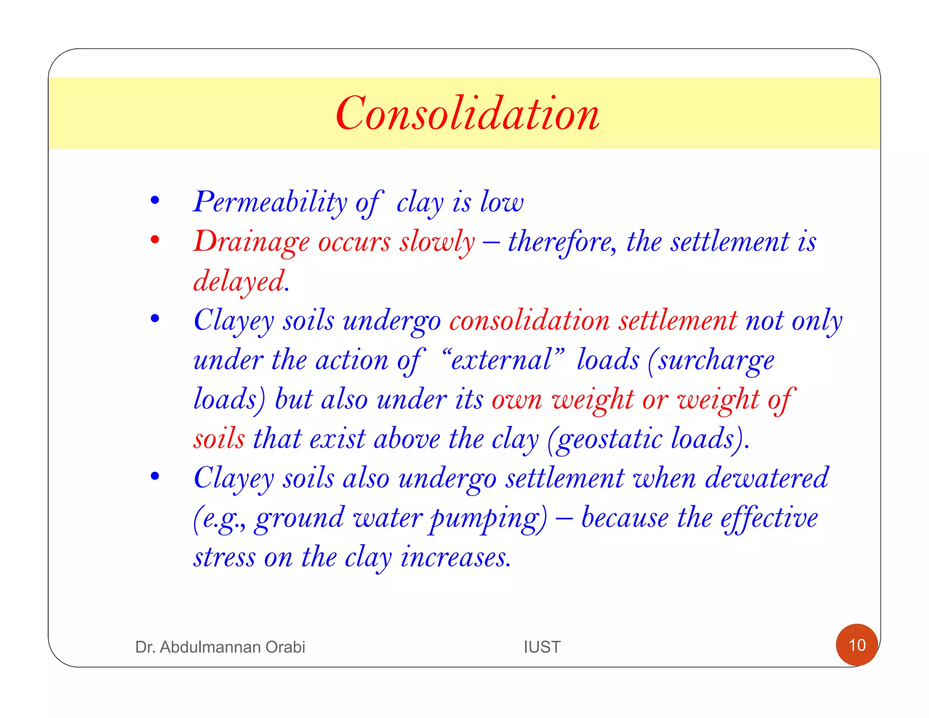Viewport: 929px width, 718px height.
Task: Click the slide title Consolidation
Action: pyautogui.click(x=467, y=113)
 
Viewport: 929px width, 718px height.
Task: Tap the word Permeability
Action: pyautogui.click(x=270, y=202)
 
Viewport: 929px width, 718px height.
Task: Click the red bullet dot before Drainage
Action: pyautogui.click(x=155, y=239)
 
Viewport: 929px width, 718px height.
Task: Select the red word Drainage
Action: pyautogui.click(x=251, y=241)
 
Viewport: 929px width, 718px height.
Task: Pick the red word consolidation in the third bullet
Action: pyautogui.click(x=529, y=320)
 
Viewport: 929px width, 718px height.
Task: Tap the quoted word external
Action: pyautogui.click(x=502, y=360)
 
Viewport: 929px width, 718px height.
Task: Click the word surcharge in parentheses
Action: pyautogui.click(x=716, y=361)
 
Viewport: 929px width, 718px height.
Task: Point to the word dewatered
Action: pyautogui.click(x=767, y=478)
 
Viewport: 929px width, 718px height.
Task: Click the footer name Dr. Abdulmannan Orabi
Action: pyautogui.click(x=220, y=647)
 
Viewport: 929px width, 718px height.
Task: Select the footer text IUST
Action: pyautogui.click(x=542, y=647)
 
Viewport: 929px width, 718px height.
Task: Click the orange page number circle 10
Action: pyautogui.click(x=856, y=645)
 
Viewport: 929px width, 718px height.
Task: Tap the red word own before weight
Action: pyautogui.click(x=517, y=400)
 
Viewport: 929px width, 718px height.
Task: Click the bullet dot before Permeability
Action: pyautogui.click(x=155, y=200)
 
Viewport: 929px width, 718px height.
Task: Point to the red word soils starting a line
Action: pyautogui.click(x=219, y=439)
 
